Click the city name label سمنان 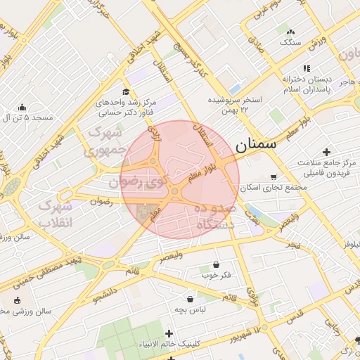256,146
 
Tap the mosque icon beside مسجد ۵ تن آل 22,108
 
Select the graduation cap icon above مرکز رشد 126,91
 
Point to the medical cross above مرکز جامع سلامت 326,152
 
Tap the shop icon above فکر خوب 216,265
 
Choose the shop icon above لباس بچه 191,299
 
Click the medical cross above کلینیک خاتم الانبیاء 169,333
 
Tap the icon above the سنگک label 290,32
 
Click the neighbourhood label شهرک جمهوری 104,141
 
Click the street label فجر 293,244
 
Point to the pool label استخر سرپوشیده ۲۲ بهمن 235,105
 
